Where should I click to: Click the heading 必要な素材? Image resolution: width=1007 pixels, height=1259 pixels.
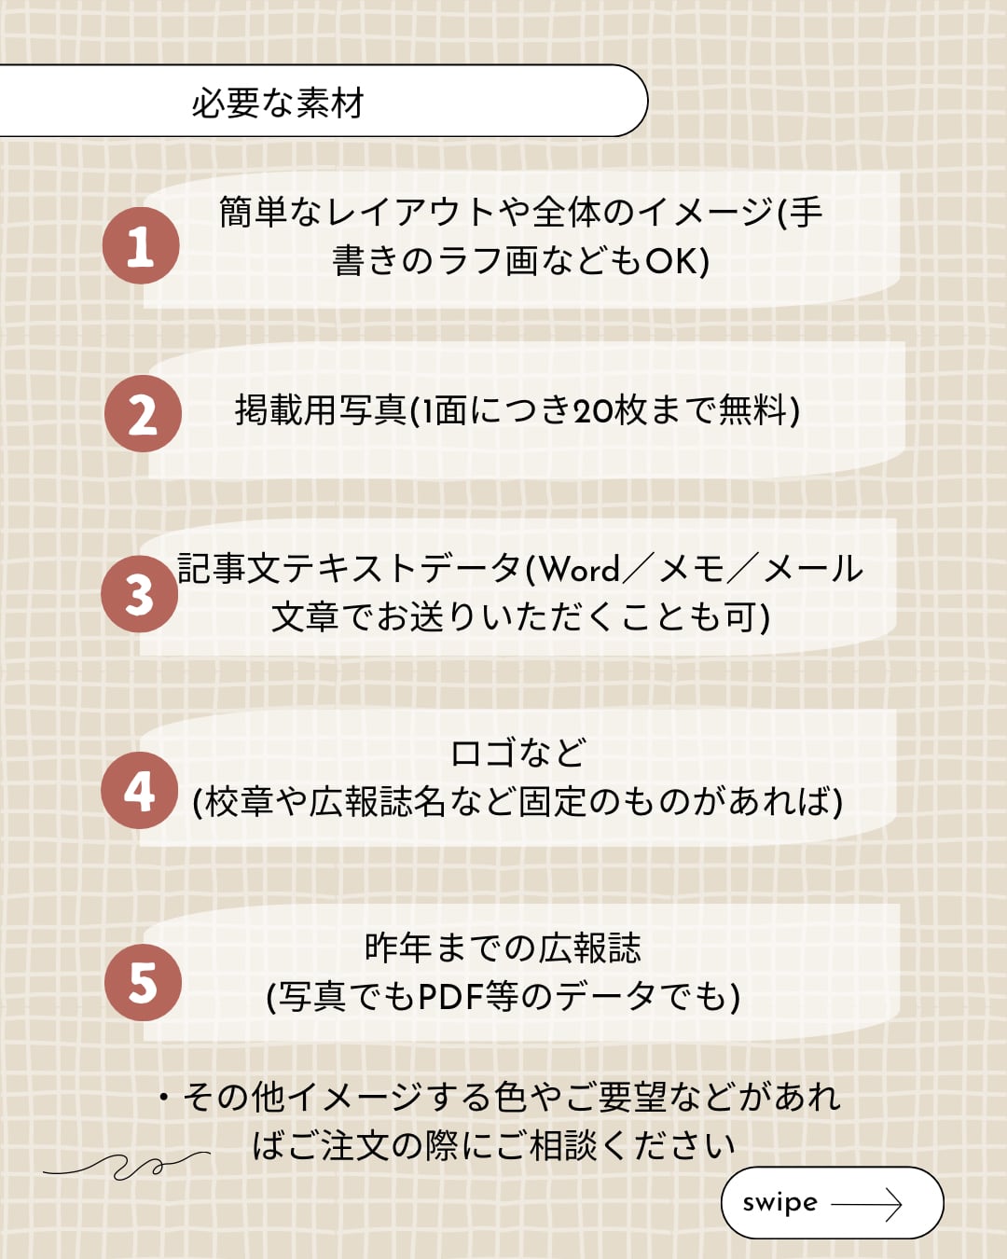[277, 103]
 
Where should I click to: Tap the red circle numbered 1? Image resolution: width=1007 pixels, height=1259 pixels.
[141, 246]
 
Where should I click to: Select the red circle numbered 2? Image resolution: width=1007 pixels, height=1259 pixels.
[143, 414]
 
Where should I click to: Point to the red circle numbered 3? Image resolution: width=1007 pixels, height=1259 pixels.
[140, 594]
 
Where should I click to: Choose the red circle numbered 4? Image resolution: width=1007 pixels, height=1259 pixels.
[140, 791]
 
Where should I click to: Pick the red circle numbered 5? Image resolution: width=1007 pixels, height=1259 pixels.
[143, 983]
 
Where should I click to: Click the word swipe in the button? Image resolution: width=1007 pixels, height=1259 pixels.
[779, 1203]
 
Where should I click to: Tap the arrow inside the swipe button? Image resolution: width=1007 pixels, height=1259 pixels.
[866, 1204]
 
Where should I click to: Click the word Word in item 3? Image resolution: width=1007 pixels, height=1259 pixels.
[580, 569]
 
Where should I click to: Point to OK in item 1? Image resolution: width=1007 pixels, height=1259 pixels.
[671, 261]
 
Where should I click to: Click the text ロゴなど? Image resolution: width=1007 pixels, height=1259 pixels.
[518, 753]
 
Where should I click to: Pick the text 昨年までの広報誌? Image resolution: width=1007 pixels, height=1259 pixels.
[503, 948]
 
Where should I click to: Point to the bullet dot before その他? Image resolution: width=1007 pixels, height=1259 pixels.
[164, 1098]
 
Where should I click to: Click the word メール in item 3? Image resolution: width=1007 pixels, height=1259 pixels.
[813, 569]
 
